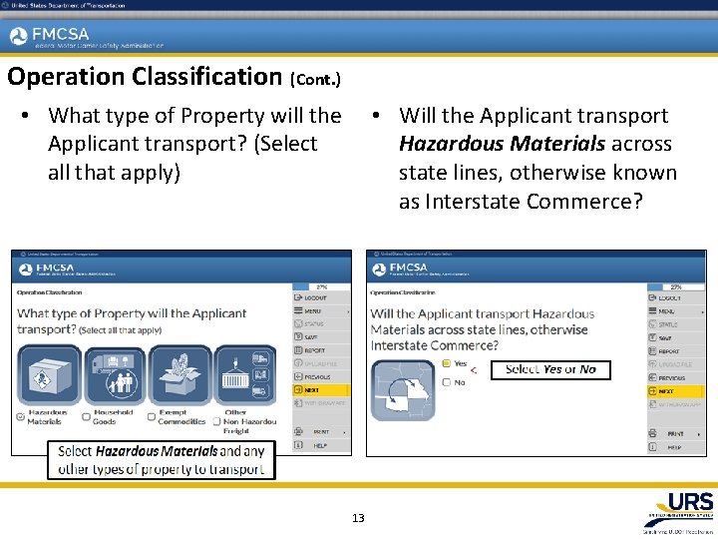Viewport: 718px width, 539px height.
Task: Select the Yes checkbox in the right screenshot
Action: coord(447,364)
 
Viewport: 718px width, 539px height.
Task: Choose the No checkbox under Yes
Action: coord(447,381)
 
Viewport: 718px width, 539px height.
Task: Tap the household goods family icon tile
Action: coord(114,375)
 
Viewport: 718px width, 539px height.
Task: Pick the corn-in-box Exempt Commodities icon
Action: coord(180,375)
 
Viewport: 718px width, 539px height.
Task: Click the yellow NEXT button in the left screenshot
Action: coord(320,390)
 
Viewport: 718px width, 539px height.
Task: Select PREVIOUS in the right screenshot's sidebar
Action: coord(677,378)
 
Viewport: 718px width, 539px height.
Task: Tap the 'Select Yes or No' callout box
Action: coord(549,369)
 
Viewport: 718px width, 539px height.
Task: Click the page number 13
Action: coord(359,518)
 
